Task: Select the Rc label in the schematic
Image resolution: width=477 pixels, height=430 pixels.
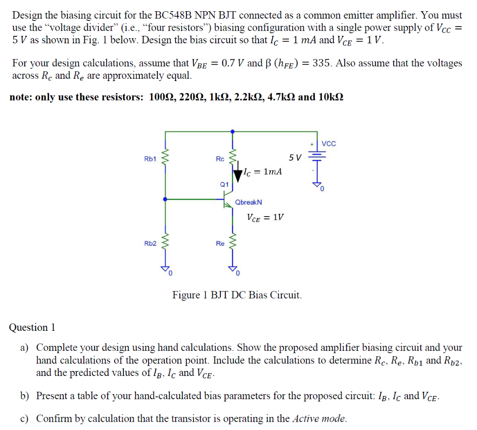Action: pyautogui.click(x=220, y=159)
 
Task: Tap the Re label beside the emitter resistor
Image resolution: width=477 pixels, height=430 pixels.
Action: pyautogui.click(x=220, y=243)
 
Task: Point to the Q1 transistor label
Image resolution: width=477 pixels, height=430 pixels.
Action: pyautogui.click(x=224, y=184)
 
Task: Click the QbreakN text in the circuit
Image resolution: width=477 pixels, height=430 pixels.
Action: pyautogui.click(x=248, y=202)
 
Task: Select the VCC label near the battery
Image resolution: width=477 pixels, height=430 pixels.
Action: pyautogui.click(x=328, y=143)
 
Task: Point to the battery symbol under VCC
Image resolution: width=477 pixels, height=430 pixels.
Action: pyautogui.click(x=318, y=158)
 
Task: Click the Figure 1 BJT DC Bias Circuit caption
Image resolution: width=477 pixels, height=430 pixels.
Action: pyautogui.click(x=237, y=295)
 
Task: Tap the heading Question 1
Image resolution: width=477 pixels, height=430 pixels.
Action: pyautogui.click(x=32, y=328)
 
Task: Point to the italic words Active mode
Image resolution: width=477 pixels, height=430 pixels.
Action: pyautogui.click(x=319, y=418)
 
